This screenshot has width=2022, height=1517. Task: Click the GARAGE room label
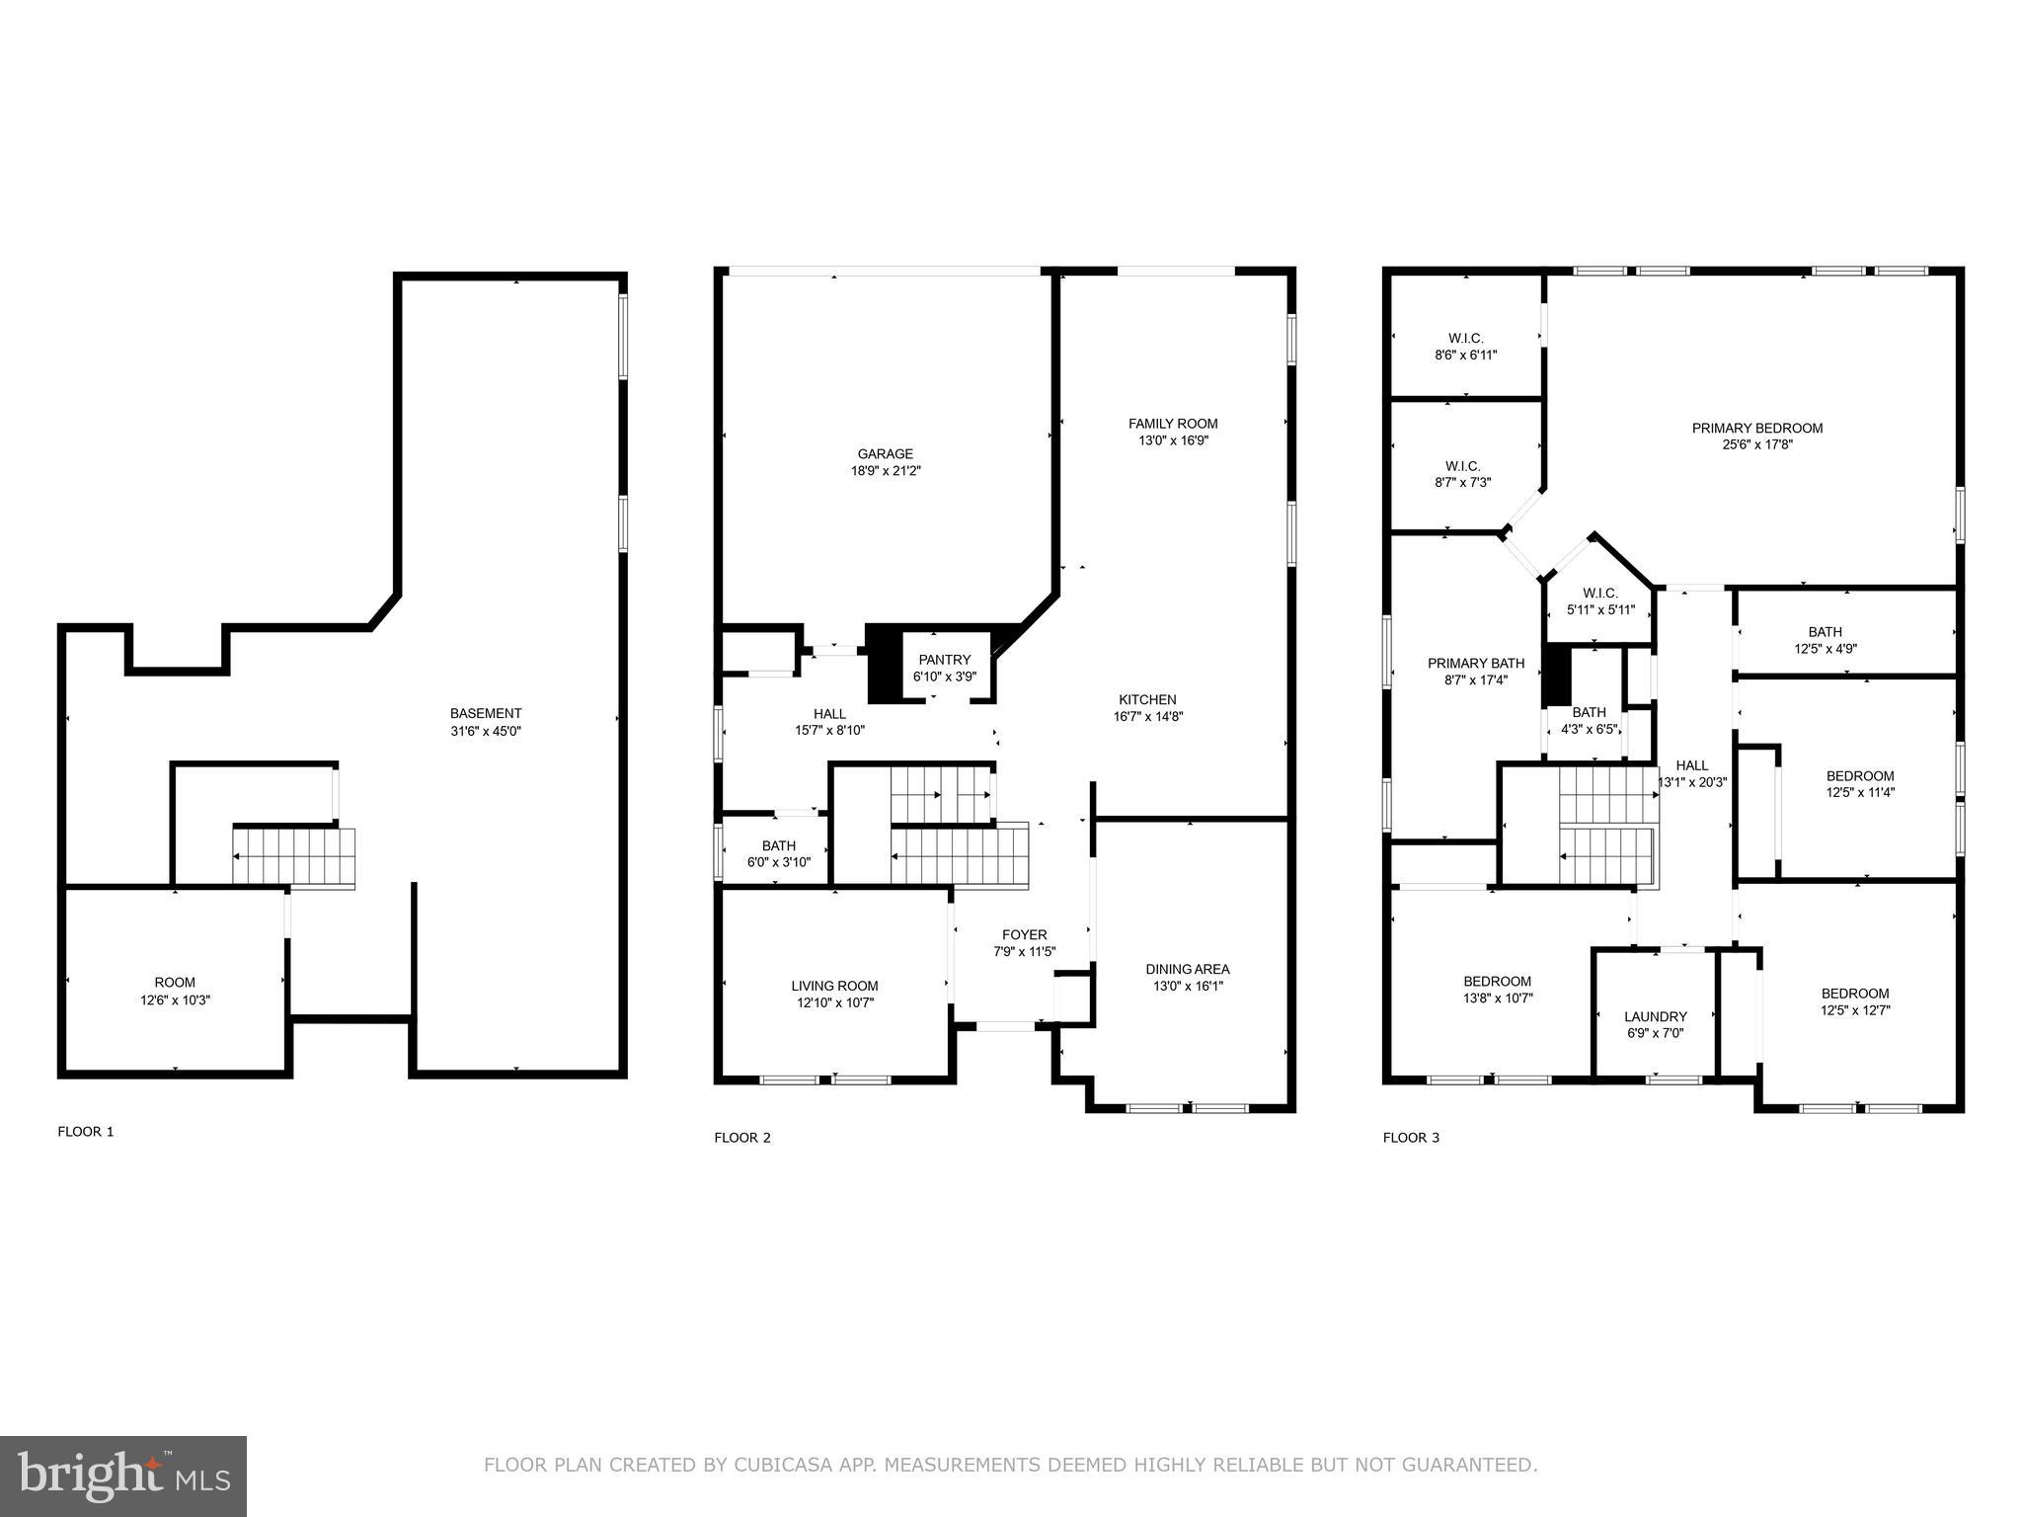tap(885, 454)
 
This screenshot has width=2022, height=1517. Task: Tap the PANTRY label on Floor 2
tap(945, 660)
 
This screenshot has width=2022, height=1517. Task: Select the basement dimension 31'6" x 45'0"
tap(485, 731)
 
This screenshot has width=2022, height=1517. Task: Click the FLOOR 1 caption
tap(86, 1132)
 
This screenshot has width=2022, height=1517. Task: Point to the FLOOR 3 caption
tap(1411, 1138)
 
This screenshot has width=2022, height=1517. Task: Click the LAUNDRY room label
tap(1656, 1016)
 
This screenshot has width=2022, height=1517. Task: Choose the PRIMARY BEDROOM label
tap(1757, 428)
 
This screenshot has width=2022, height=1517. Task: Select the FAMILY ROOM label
tap(1173, 424)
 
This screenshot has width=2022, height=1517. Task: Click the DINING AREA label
tap(1188, 969)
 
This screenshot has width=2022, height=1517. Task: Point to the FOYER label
tap(1025, 934)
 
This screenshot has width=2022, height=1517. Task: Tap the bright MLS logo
tap(123, 1476)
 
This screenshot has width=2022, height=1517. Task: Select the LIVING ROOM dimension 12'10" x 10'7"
tap(834, 1002)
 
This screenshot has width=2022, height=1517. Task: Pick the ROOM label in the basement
tap(175, 982)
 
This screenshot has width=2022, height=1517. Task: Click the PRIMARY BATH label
tap(1476, 663)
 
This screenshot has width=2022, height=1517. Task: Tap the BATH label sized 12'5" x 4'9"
tap(1825, 632)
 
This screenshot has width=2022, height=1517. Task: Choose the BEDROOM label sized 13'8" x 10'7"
tap(1497, 981)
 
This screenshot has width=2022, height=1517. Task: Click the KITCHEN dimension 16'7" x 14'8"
tap(1147, 717)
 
